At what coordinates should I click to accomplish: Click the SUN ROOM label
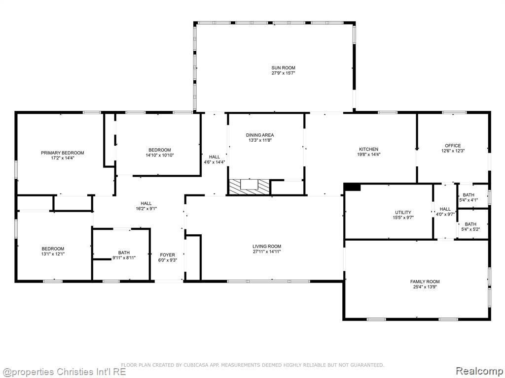[x=283, y=68]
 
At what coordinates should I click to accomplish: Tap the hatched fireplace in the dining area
[x=249, y=187]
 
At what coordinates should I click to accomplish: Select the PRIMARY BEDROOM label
[x=62, y=153]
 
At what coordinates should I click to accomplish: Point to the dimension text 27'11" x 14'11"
[x=267, y=252]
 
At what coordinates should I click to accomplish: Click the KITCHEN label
[x=368, y=149]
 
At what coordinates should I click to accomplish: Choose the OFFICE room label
[x=453, y=146]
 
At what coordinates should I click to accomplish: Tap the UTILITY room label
[x=403, y=213]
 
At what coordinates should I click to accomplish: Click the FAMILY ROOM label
[x=425, y=282]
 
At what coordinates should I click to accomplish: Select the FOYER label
[x=167, y=255]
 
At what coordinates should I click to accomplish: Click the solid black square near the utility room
[x=353, y=187]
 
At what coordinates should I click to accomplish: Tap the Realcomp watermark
[x=478, y=370]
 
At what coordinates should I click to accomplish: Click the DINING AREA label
[x=260, y=135]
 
